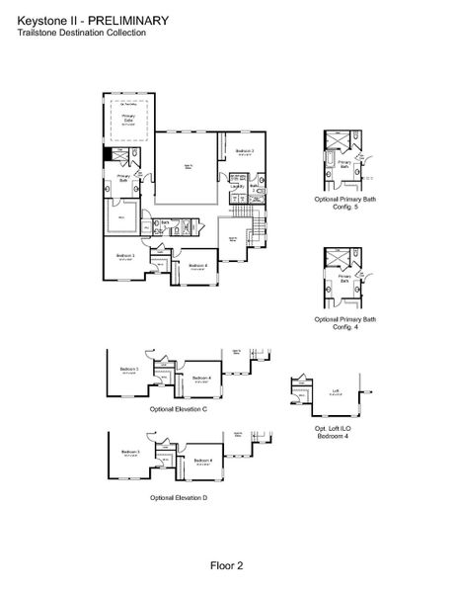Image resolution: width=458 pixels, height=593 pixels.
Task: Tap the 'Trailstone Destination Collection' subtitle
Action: (82, 33)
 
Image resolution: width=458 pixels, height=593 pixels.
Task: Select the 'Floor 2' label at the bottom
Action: (226, 565)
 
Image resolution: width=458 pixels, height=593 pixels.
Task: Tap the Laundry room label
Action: (237, 185)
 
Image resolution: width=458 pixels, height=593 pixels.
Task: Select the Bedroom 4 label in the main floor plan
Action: (197, 264)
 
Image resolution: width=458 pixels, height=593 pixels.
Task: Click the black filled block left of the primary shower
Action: (108, 155)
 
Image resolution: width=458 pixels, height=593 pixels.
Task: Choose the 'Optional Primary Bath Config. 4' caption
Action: (345, 323)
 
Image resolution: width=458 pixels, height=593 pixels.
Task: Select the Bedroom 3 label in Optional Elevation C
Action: (129, 370)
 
